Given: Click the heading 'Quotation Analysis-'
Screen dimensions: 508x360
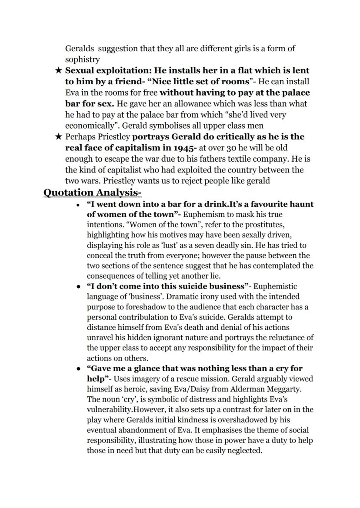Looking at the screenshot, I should click(x=93, y=193).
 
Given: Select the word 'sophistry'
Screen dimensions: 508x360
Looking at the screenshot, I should click(x=82, y=60).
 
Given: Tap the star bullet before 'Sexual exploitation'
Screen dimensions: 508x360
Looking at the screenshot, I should click(x=59, y=70).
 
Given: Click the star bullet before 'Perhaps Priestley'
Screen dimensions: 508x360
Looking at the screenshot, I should click(x=59, y=137).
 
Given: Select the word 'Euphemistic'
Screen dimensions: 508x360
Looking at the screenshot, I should click(x=275, y=286).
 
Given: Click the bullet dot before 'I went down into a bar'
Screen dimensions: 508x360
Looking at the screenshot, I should click(x=77, y=205).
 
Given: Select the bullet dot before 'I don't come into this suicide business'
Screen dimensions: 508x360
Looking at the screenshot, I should click(x=77, y=287).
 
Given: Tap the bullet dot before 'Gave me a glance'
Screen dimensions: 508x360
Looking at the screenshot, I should click(x=77, y=369).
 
